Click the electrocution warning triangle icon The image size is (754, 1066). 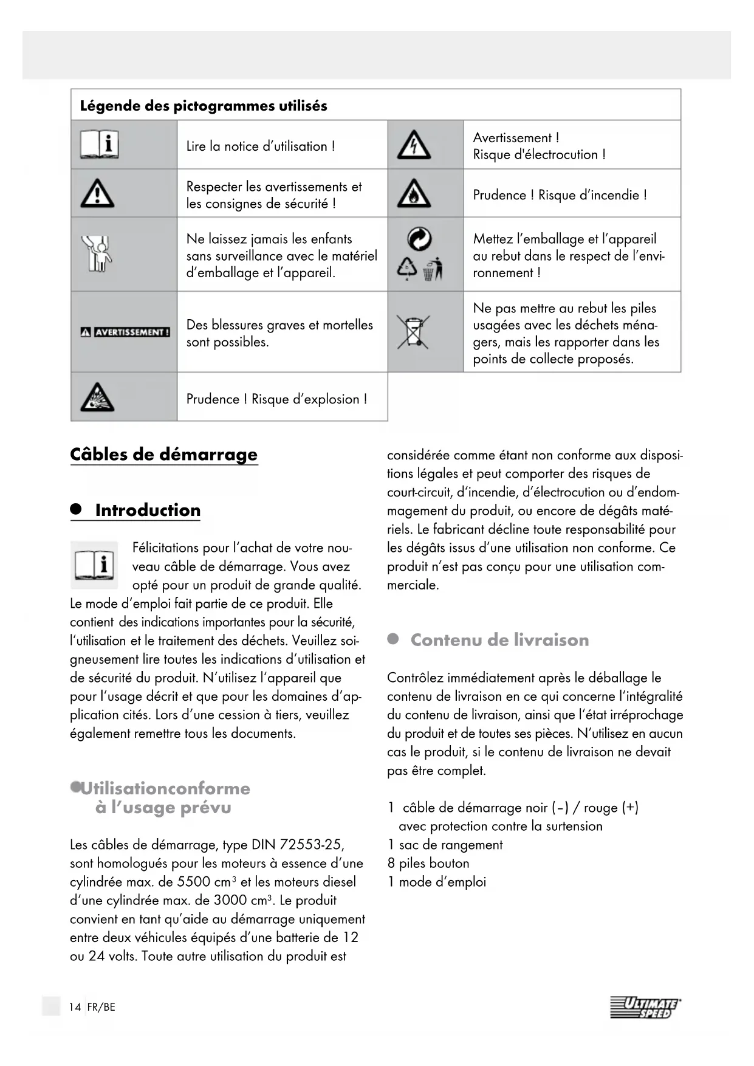(414, 145)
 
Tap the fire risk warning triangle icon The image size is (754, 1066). (414, 194)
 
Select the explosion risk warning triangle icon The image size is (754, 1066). (97, 398)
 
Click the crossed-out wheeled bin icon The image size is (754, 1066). (414, 332)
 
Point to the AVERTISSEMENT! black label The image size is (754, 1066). (125, 332)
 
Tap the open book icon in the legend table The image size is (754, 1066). (99, 145)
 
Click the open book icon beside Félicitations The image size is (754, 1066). (95, 565)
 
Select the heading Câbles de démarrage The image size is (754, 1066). (164, 455)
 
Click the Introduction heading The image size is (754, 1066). (148, 510)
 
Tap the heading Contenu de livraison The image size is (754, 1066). (499, 640)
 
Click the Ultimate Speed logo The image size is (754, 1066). (645, 1008)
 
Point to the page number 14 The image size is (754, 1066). (75, 1007)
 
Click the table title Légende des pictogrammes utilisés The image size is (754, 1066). (204, 106)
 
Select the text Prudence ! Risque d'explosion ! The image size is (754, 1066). (276, 399)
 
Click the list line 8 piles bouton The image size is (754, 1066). (428, 863)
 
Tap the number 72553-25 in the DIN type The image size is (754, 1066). (312, 845)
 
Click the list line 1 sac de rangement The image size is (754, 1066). (445, 845)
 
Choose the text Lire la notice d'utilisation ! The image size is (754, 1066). (261, 146)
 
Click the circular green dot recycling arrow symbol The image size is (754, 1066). (419, 239)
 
